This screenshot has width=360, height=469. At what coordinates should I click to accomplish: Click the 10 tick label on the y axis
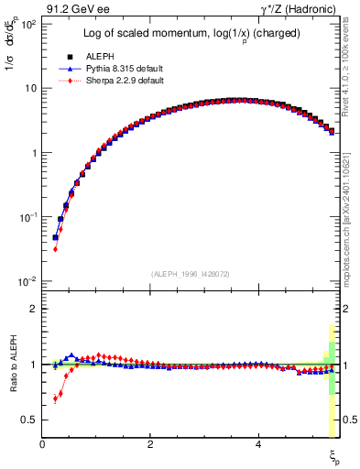coord(30,88)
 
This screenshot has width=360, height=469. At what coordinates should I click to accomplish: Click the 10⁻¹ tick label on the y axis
coord(27,216)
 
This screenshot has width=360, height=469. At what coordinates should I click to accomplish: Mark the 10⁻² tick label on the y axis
coord(27,280)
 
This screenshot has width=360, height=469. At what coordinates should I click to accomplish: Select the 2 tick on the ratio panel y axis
coord(33,309)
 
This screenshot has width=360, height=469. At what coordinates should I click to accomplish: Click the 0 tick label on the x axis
coord(42,444)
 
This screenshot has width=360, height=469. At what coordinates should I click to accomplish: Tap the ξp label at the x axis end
coord(333,455)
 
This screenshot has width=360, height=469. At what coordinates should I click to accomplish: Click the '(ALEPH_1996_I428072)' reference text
coord(189,273)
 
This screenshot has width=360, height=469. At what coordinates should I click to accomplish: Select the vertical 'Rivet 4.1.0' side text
coord(353,70)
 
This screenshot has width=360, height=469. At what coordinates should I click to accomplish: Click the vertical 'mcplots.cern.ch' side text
coord(353,205)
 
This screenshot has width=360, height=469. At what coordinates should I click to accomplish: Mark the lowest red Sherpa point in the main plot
coord(55,248)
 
